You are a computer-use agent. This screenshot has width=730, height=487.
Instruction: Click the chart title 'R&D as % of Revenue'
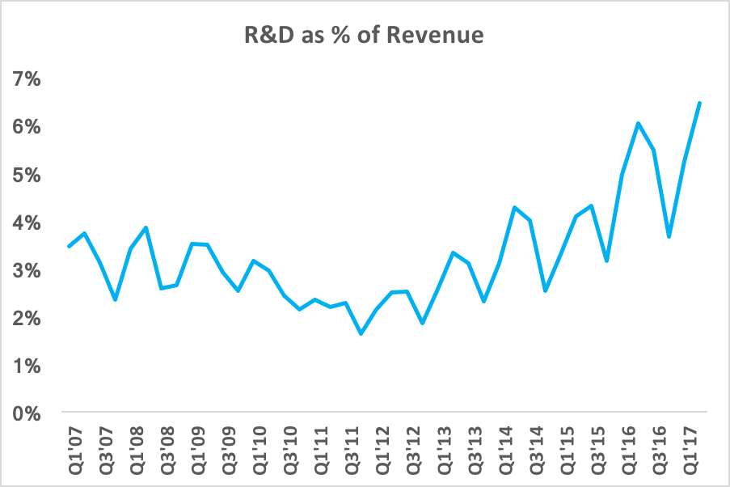[x=365, y=36]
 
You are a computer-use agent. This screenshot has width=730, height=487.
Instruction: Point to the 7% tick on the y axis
[x=27, y=78]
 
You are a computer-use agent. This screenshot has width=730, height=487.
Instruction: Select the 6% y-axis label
[x=27, y=127]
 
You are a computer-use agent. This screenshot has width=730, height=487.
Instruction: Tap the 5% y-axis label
[x=27, y=175]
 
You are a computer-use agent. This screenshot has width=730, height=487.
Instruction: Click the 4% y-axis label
[x=27, y=222]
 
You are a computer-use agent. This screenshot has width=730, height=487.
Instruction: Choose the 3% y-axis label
[x=27, y=270]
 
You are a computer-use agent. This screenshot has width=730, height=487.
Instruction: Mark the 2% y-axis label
[x=27, y=318]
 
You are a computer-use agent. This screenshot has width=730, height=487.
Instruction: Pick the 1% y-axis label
[x=27, y=366]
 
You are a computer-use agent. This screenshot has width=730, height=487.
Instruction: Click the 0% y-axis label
[x=27, y=413]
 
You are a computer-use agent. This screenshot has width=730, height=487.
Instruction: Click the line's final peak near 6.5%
[x=699, y=103]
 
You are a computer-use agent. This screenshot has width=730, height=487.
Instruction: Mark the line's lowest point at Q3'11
[x=361, y=333]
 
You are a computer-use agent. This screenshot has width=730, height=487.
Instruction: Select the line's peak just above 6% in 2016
[x=638, y=123]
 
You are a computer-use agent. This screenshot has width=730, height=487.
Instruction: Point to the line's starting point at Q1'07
[x=69, y=247]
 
